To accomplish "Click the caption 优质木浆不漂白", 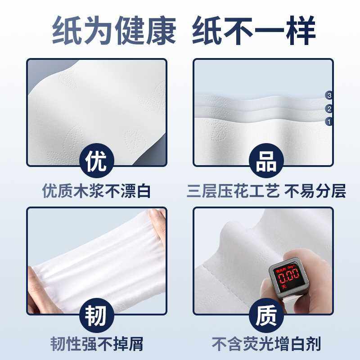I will point(96,192).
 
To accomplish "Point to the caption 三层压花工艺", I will point(233,192).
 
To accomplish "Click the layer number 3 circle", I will point(329,95).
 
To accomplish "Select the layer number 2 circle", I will point(329,108).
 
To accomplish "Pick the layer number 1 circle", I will point(329,121).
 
